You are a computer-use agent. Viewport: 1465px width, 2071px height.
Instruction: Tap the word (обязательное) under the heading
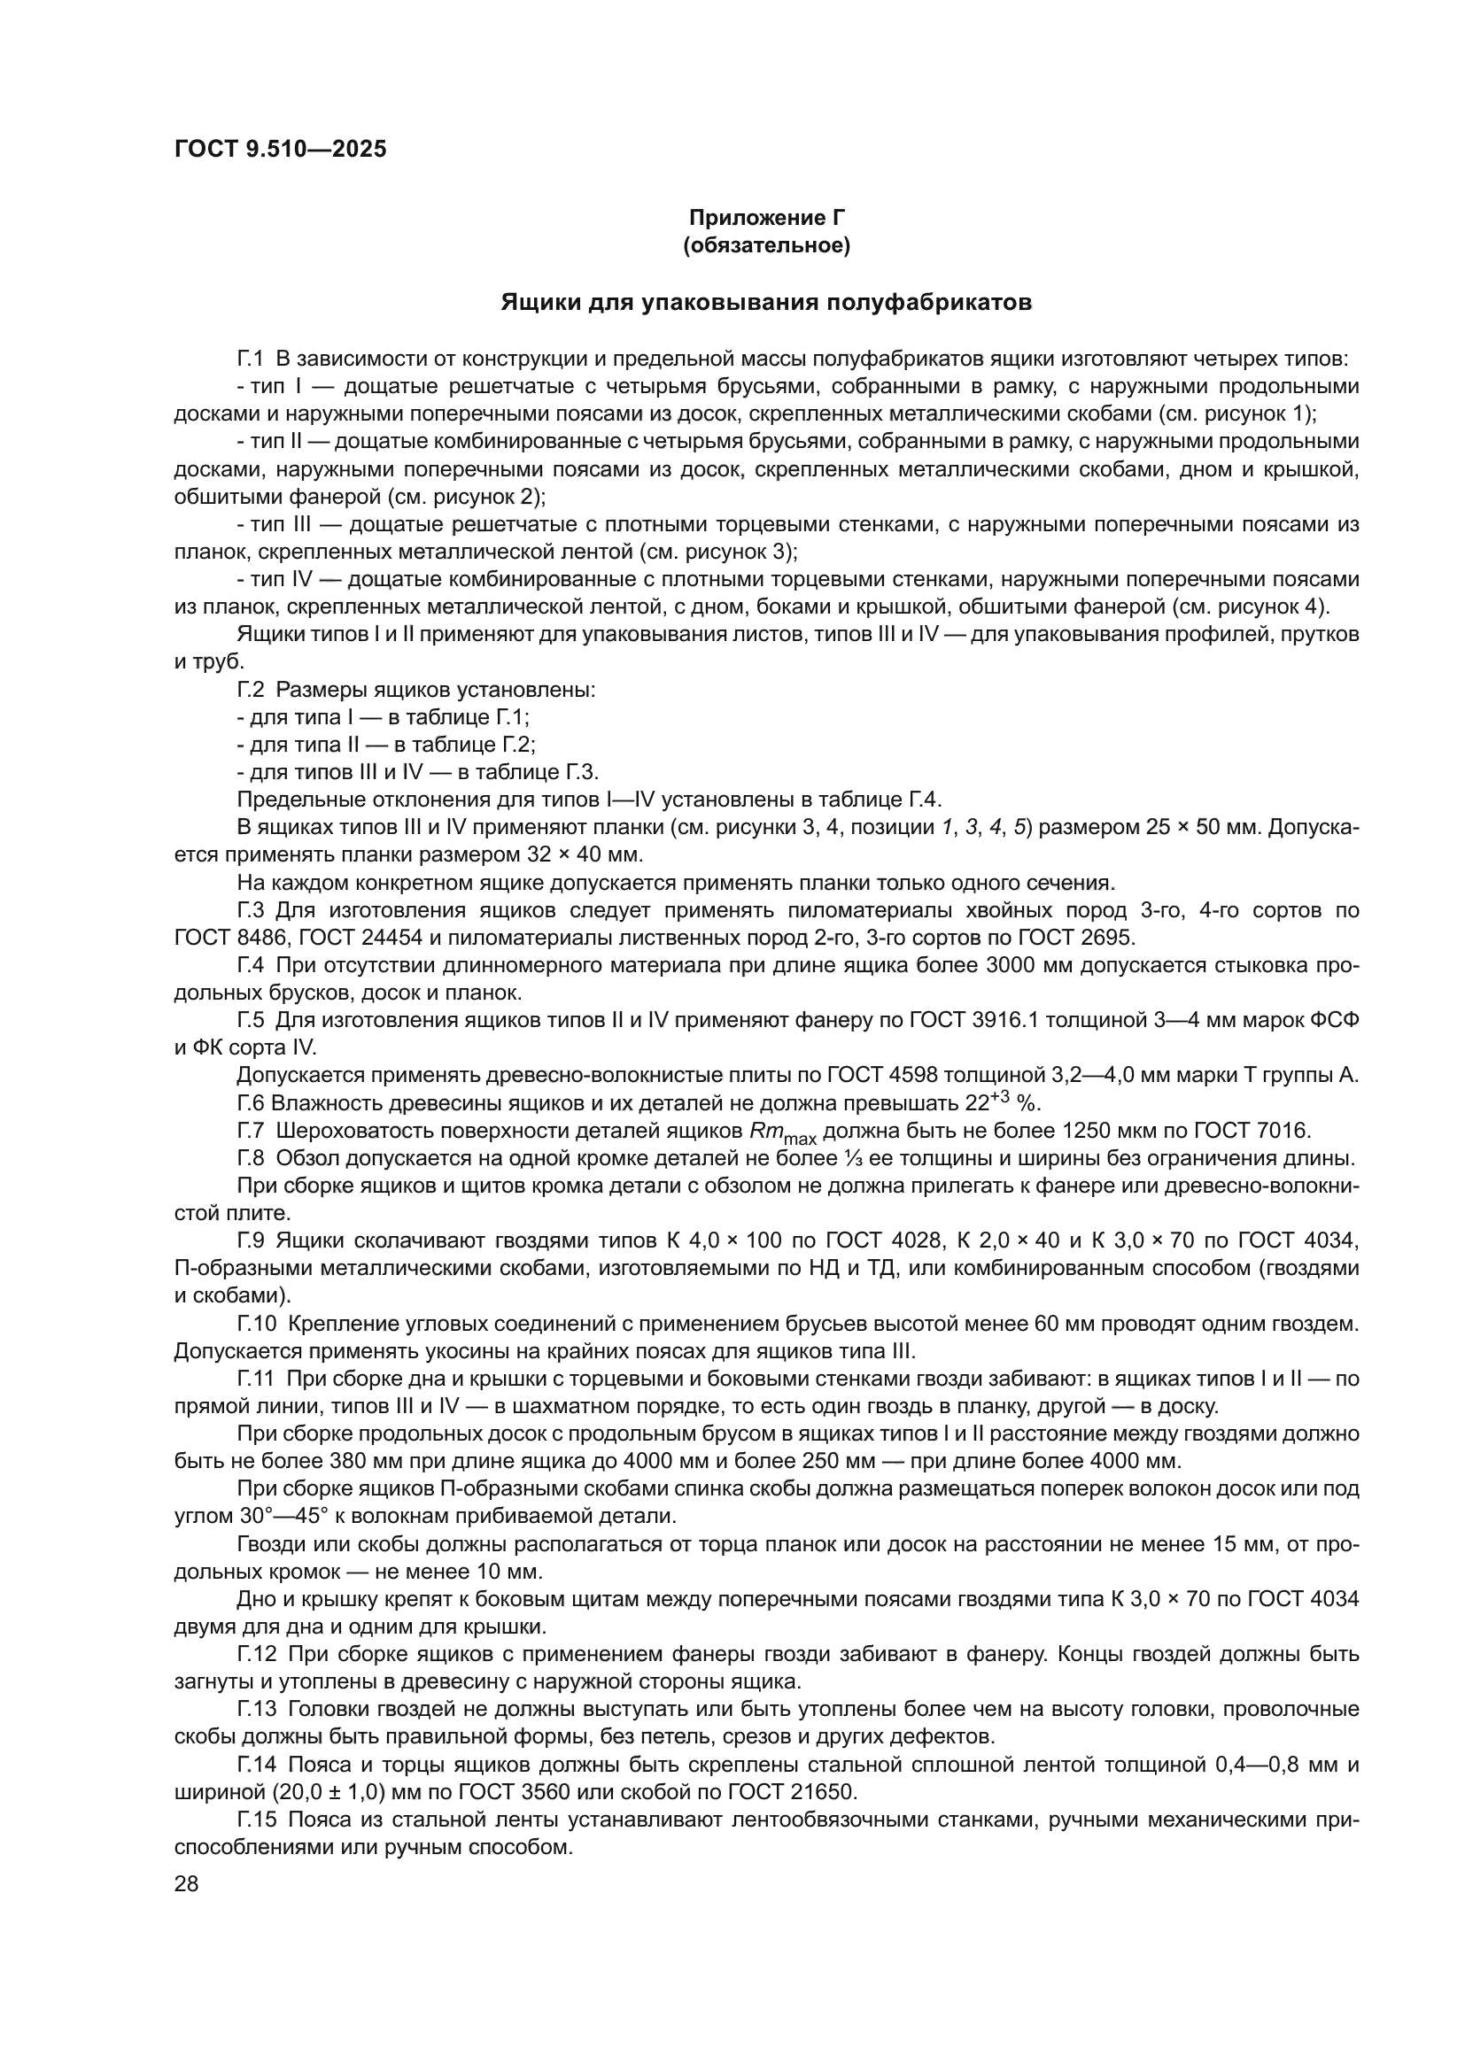click(x=767, y=245)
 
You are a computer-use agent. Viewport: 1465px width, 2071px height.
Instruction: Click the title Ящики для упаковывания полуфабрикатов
click(x=766, y=302)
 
